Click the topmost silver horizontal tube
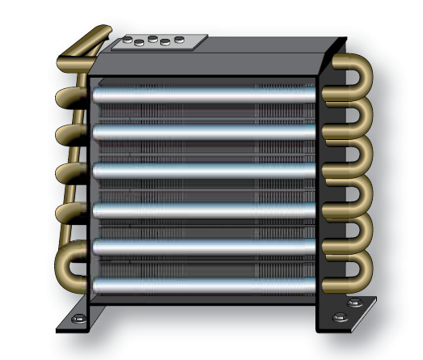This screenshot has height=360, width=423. pos(202,95)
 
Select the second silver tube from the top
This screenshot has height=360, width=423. pos(202,132)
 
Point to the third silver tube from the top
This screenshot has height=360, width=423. pos(202,171)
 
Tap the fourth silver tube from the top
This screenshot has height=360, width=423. pos(202,210)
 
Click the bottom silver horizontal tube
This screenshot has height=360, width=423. pos(202,285)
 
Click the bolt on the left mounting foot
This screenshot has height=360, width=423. pos(75,319)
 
